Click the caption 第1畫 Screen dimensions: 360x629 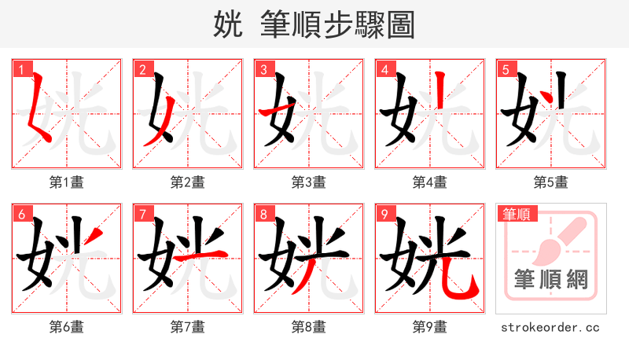(x=67, y=182)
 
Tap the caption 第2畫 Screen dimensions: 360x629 (x=188, y=182)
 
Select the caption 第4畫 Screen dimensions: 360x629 (x=430, y=182)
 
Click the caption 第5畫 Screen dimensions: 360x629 (x=551, y=182)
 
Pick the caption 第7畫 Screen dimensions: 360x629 (x=188, y=326)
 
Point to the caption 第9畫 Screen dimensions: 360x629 (x=430, y=326)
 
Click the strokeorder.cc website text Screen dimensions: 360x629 (x=551, y=326)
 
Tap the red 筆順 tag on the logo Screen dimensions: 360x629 (x=516, y=213)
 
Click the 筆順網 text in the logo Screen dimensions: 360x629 (x=551, y=278)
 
